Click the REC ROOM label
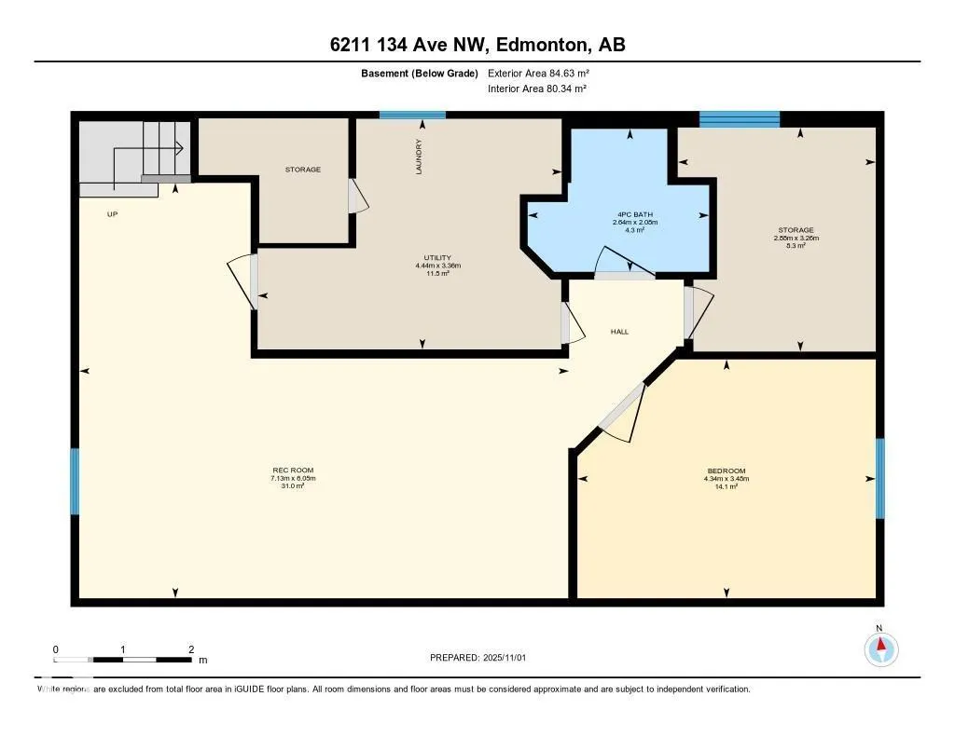287,471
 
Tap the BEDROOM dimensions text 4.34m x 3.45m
727,479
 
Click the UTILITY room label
438,257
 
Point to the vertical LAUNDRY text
420,157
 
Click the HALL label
620,331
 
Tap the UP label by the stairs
112,214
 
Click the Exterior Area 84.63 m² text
538,73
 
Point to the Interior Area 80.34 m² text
536,89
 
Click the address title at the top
477,45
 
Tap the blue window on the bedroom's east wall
879,478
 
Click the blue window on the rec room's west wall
75,481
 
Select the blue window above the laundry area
412,116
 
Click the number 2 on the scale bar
190,649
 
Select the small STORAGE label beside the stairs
303,170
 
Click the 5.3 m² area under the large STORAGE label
796,247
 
